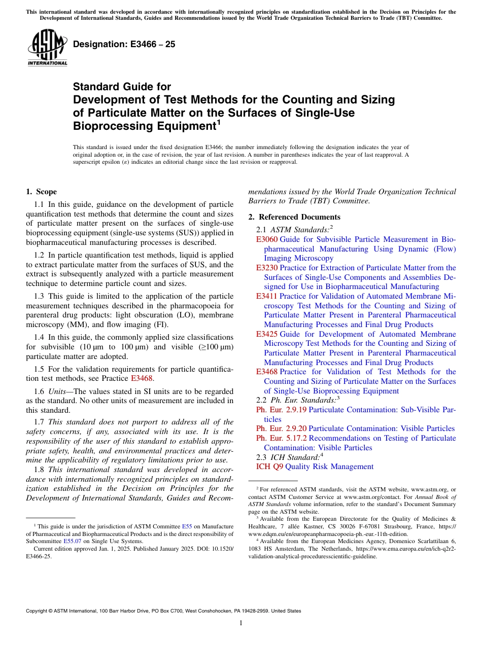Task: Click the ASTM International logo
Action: (x=47, y=48)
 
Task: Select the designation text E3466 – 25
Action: (x=124, y=45)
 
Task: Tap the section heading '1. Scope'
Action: (x=41, y=192)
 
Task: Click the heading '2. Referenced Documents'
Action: (x=287, y=217)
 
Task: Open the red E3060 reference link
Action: (x=267, y=239)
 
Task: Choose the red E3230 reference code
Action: (x=267, y=268)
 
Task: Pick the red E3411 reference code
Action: (x=267, y=296)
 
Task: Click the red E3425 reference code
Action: (x=267, y=334)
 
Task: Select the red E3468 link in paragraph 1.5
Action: (x=142, y=378)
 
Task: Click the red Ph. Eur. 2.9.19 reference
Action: (x=281, y=410)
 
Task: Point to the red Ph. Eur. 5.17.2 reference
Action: (x=281, y=438)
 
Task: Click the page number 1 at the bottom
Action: (x=241, y=623)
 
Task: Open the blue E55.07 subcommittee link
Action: (x=73, y=541)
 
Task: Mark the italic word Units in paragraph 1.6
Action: (x=57, y=391)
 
